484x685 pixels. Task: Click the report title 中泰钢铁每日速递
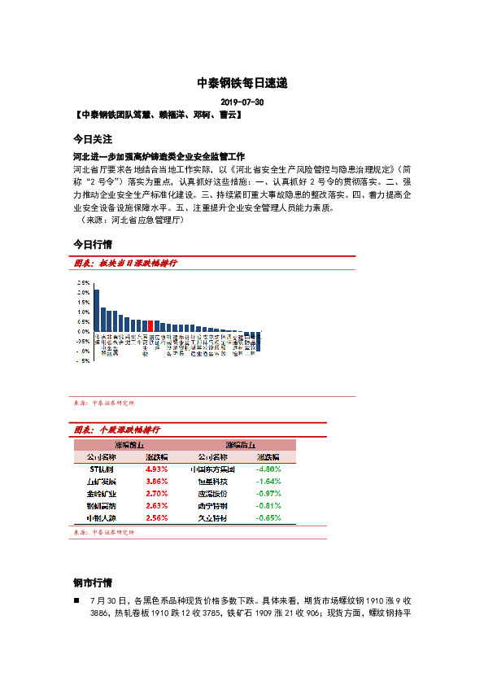[242, 83]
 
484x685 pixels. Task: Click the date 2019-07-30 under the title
[242, 103]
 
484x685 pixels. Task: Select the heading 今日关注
[92, 139]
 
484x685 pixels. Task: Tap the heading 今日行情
[92, 244]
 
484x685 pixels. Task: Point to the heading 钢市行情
[92, 583]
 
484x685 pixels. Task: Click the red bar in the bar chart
[149, 325]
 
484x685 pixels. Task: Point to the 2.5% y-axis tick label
[83, 281]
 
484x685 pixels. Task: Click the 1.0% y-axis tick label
[83, 312]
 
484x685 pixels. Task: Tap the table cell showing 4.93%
[156, 469]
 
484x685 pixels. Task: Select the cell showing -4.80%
[268, 469]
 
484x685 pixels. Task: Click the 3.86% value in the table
[156, 482]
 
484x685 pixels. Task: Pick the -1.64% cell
[268, 482]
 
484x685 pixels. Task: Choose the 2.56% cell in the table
[156, 517]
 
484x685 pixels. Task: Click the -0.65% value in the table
[268, 517]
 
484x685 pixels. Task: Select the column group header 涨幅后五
[241, 445]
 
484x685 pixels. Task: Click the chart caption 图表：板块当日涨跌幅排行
[125, 264]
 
